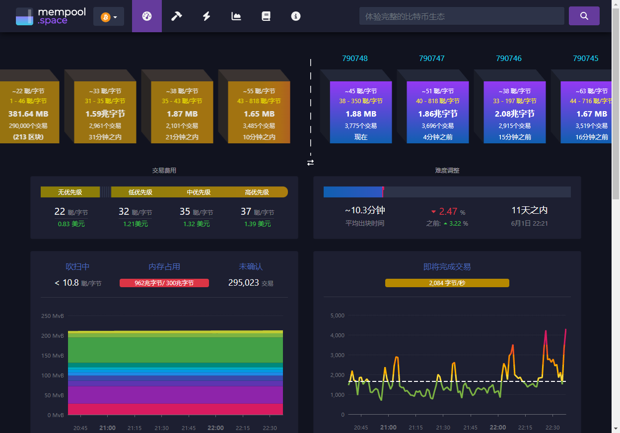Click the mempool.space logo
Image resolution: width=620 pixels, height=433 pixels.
[x=42, y=16]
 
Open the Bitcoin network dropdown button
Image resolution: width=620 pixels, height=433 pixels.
[x=109, y=17]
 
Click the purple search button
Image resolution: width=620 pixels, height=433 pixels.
[x=584, y=16]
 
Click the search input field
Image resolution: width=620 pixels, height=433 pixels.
[x=461, y=16]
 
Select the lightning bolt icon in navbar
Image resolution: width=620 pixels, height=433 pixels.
[x=207, y=16]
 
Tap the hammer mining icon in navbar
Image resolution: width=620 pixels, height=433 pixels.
[x=177, y=16]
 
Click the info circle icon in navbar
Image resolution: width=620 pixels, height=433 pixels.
[x=296, y=16]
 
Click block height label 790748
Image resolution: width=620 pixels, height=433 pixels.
[x=355, y=59]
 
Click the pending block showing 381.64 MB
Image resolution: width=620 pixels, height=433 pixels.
[x=28, y=113]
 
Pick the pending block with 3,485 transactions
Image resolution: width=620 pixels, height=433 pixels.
[x=259, y=113]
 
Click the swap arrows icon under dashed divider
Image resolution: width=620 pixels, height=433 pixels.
[x=311, y=163]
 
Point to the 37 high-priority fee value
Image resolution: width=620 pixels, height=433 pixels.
[x=246, y=212]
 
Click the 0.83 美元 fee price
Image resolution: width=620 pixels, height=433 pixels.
[x=71, y=224]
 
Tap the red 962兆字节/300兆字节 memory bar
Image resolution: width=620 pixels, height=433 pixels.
[x=164, y=283]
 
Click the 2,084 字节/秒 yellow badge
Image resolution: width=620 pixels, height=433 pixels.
[x=447, y=283]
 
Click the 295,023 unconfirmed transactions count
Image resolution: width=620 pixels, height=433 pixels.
[x=244, y=283]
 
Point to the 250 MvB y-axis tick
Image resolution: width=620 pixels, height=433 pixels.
[x=53, y=316]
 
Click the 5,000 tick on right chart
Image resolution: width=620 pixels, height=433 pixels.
[x=337, y=315]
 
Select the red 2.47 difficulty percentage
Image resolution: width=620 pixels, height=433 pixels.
[x=448, y=212]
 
